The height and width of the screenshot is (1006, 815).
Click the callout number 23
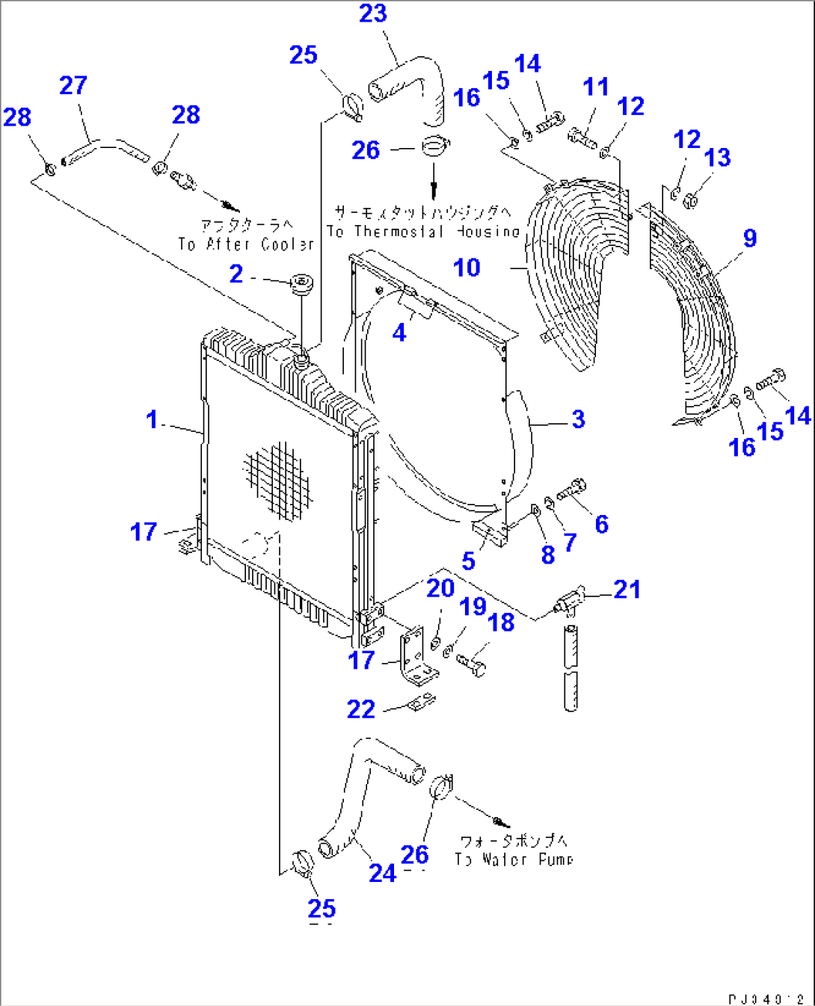pyautogui.click(x=373, y=13)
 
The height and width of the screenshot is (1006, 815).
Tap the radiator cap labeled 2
pyautogui.click(x=302, y=285)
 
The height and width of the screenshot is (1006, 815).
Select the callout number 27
pyautogui.click(x=73, y=85)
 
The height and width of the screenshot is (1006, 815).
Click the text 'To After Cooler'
pyautogui.click(x=246, y=244)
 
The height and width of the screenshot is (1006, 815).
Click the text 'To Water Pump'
pyautogui.click(x=514, y=860)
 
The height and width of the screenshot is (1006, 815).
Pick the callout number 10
pyautogui.click(x=467, y=268)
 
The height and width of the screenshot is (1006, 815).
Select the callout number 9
pyautogui.click(x=749, y=238)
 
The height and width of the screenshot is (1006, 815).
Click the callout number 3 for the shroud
pyautogui.click(x=578, y=419)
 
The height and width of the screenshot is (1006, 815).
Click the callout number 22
pyautogui.click(x=360, y=709)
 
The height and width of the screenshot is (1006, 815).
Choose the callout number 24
pyautogui.click(x=382, y=872)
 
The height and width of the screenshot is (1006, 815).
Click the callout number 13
pyautogui.click(x=717, y=158)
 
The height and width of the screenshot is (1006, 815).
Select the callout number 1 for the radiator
pyautogui.click(x=152, y=420)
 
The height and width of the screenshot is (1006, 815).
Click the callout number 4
pyautogui.click(x=399, y=333)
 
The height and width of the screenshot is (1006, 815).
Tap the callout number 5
pyautogui.click(x=468, y=561)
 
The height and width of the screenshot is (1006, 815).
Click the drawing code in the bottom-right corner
pyautogui.click(x=766, y=999)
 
